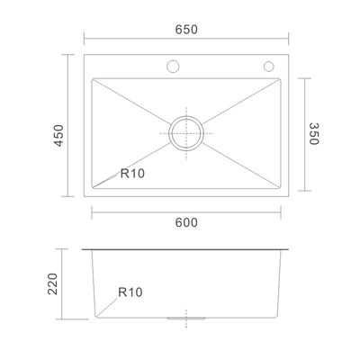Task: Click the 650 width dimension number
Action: point(185,30)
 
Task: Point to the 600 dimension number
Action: point(186,223)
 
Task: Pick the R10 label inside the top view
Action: point(132,175)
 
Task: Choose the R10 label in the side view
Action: point(131,292)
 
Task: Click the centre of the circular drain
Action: point(186,132)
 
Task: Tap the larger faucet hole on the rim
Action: point(173,67)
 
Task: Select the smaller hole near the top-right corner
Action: point(267,67)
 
